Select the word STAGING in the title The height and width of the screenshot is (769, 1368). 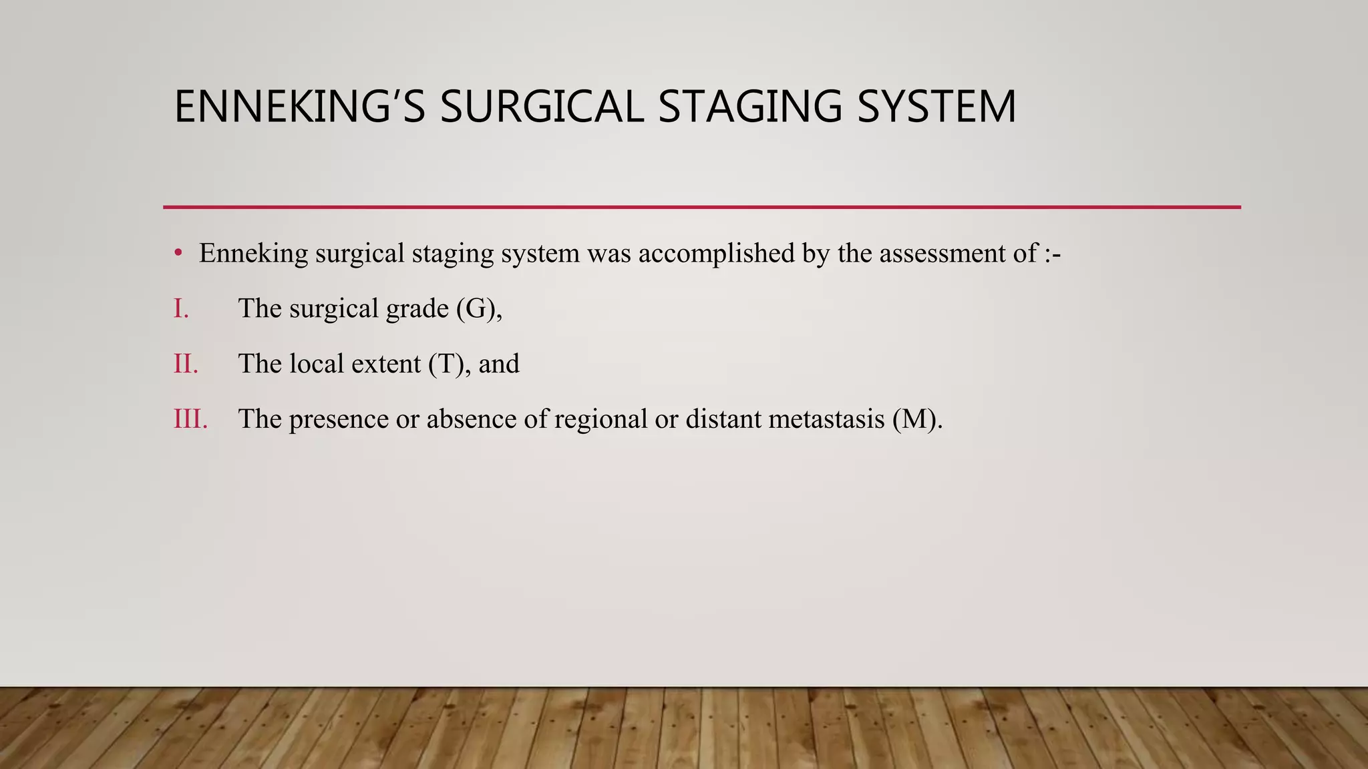(x=750, y=107)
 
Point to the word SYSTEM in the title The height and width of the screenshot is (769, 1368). (x=936, y=107)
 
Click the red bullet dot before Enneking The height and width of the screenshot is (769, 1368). (x=178, y=254)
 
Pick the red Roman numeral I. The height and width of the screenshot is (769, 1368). (x=181, y=308)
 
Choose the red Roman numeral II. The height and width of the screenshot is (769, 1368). (x=186, y=364)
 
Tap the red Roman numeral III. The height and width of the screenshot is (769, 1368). (x=190, y=419)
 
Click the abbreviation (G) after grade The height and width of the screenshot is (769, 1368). (x=476, y=308)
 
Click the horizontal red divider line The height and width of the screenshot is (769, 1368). (x=701, y=208)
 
